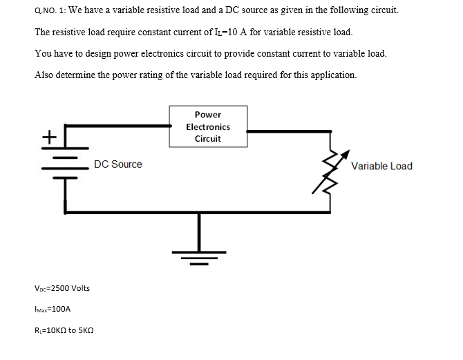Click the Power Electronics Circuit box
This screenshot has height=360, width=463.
coord(208,126)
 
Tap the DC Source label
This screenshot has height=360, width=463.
coord(118,164)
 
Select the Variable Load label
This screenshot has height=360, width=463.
coord(381,166)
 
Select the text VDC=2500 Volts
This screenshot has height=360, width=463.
coord(62,287)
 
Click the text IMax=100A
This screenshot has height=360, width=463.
coord(53,310)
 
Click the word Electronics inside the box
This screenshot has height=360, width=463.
coord(208,126)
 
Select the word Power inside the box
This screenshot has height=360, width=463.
coord(208,115)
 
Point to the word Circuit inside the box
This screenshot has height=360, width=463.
coord(208,138)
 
